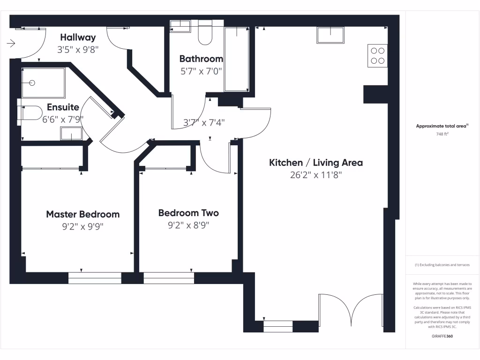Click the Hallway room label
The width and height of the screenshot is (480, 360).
78,37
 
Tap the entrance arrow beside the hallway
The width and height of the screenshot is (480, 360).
12,44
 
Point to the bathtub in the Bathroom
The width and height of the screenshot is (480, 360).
237,59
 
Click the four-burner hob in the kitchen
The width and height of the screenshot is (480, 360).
378,55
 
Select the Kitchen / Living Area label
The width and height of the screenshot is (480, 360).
315,163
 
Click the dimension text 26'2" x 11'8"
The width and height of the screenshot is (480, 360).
315,175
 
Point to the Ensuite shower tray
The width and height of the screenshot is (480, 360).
43,83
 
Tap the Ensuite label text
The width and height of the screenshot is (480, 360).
63,107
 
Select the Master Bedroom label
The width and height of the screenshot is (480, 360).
82,214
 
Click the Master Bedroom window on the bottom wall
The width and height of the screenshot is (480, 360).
95,278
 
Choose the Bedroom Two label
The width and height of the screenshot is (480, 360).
188,213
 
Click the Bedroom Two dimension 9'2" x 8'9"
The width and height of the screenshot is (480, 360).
188,225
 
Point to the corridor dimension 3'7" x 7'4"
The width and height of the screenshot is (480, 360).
203,122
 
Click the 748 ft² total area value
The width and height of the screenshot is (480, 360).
442,134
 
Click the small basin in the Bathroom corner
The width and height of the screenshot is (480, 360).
180,26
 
